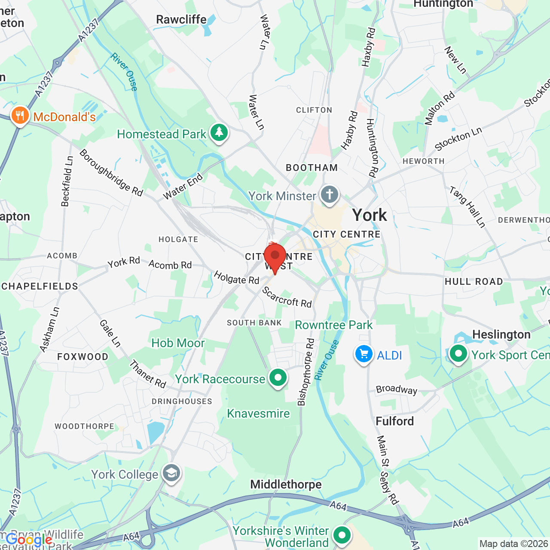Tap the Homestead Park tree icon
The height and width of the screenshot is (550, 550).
pos(219,132)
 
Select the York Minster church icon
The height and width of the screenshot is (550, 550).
pos(330,195)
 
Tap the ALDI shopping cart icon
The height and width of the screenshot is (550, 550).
pos(364,354)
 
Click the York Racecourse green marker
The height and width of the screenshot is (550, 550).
pos(278,378)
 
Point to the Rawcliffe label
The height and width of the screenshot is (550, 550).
pos(181,19)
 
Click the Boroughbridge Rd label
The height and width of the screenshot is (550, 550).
pos(111,173)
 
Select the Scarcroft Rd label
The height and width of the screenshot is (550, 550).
pos(287,297)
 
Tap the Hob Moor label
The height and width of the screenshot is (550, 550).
pos(178,343)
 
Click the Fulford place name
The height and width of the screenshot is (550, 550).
pos(394,421)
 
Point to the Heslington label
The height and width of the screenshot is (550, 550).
pos(501,334)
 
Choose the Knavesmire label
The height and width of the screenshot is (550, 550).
pos(258,413)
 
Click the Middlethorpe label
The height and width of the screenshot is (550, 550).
pos(286,484)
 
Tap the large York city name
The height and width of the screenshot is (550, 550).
pos(370,215)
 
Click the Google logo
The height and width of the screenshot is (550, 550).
pos(29,540)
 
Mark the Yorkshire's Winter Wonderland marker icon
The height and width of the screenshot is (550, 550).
pos(342,535)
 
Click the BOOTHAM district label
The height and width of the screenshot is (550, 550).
pos(312,168)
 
